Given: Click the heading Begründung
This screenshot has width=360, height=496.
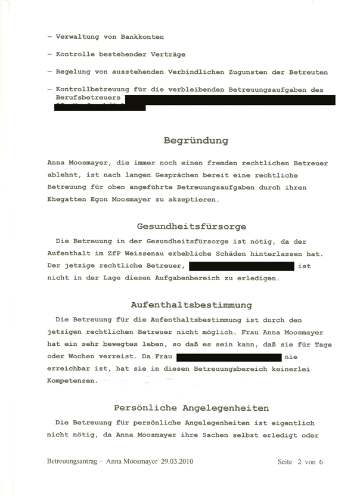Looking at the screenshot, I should click(x=196, y=141).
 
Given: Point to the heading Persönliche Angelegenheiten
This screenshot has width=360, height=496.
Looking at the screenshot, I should click(x=191, y=408).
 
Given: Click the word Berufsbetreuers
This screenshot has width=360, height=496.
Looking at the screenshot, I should click(x=88, y=97).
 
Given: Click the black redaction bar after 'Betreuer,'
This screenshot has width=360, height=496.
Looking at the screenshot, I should click(x=241, y=266).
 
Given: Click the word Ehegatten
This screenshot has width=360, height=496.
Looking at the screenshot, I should click(x=67, y=200).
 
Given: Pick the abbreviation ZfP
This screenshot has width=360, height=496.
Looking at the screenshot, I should click(x=117, y=253).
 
